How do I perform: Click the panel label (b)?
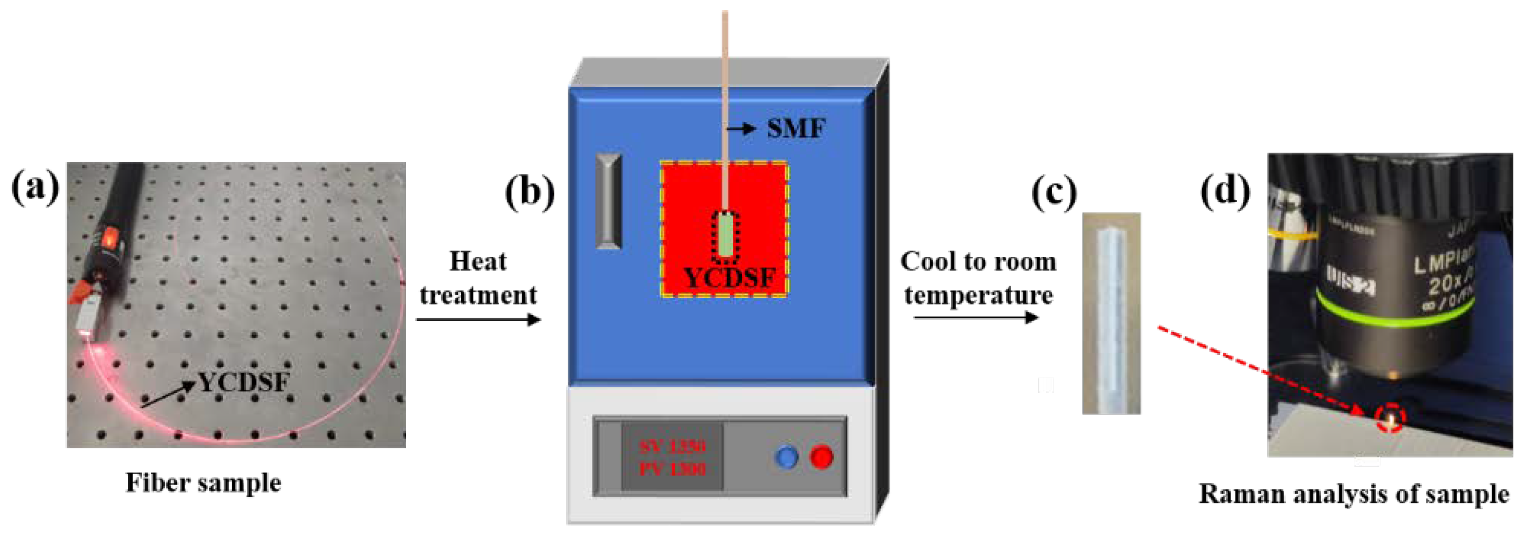[529, 193]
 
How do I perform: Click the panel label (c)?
[1054, 193]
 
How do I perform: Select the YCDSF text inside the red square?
[729, 277]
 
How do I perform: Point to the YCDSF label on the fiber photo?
[243, 383]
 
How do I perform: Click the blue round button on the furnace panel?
[786, 457]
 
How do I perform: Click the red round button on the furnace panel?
[822, 457]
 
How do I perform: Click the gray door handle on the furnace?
[608, 200]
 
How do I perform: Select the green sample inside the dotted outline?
[725, 237]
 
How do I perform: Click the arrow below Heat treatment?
[478, 320]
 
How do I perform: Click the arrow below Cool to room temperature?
[976, 318]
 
